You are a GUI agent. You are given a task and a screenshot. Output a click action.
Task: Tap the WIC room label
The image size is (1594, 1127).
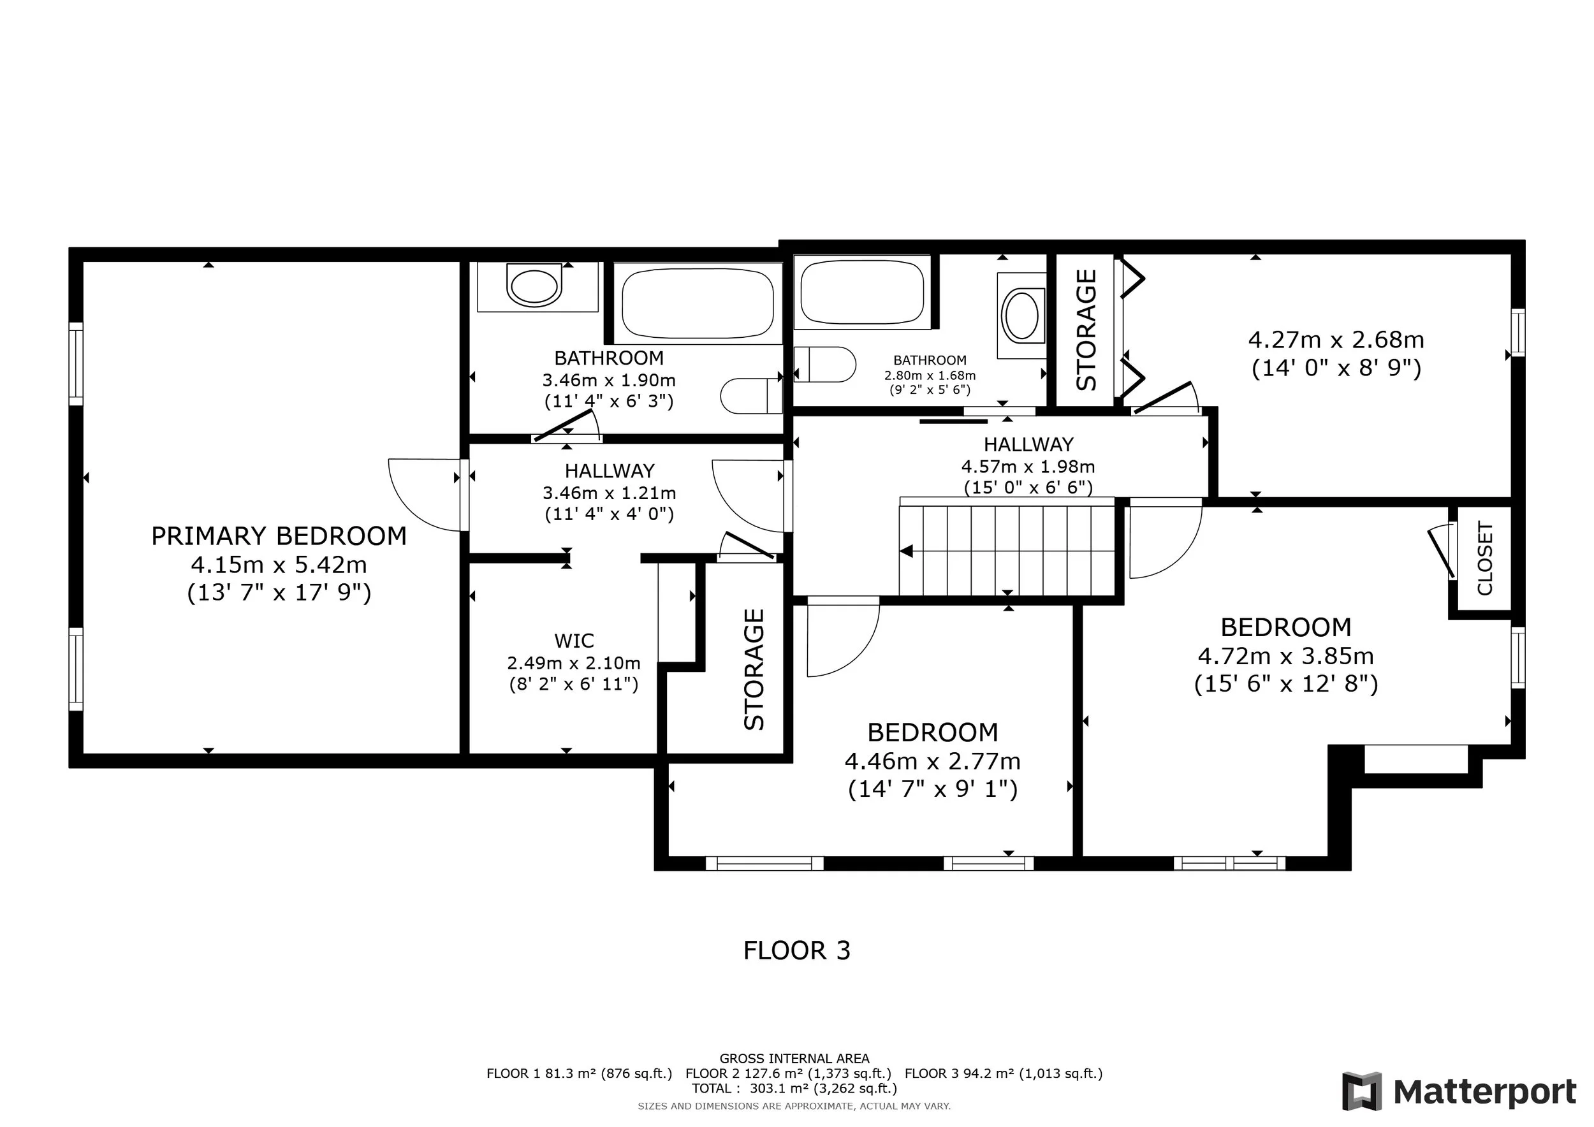574,640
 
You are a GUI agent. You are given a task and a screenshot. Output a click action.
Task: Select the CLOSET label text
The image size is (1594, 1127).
1485,558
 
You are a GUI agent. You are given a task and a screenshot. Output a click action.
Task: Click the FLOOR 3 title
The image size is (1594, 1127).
797,950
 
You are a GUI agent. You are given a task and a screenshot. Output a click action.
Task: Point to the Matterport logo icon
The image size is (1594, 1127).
1362,1091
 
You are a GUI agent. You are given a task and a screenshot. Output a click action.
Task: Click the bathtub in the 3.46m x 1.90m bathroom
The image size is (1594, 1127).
698,303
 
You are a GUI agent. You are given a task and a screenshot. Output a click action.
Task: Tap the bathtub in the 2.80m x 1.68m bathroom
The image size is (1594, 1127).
862,291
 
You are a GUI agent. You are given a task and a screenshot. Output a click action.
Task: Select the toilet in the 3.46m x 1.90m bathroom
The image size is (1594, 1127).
751,396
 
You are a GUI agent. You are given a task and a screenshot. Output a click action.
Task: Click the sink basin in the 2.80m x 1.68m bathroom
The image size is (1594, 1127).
1022,315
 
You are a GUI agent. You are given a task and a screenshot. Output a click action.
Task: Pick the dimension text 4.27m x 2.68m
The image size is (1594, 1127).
1336,339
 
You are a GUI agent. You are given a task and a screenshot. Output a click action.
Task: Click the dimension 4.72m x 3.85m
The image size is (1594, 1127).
1286,655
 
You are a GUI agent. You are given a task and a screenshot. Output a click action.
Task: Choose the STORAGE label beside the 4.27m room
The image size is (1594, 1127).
1086,330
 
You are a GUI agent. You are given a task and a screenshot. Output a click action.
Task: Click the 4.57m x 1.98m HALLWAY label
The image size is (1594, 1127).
1028,444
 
